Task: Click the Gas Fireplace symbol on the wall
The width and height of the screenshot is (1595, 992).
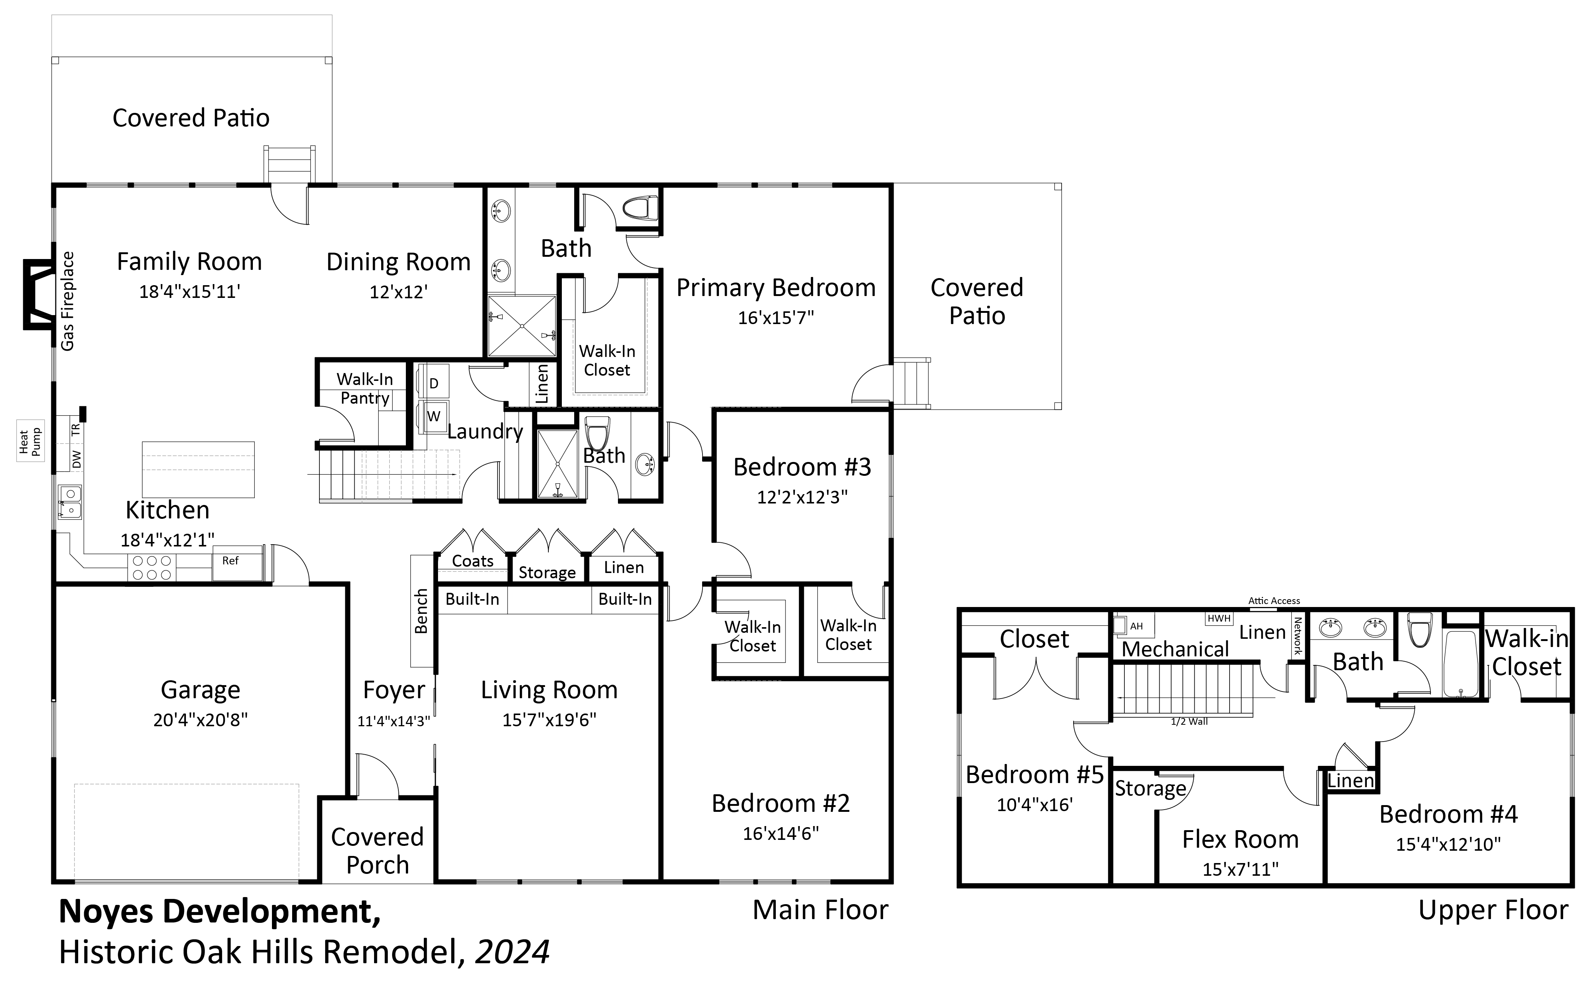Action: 38,294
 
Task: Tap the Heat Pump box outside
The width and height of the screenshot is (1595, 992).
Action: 30,441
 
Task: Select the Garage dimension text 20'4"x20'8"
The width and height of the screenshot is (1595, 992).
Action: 200,720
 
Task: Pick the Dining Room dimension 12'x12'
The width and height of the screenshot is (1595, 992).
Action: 398,292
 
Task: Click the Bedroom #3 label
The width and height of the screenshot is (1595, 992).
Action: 802,467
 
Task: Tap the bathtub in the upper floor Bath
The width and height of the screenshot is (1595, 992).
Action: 1460,664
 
